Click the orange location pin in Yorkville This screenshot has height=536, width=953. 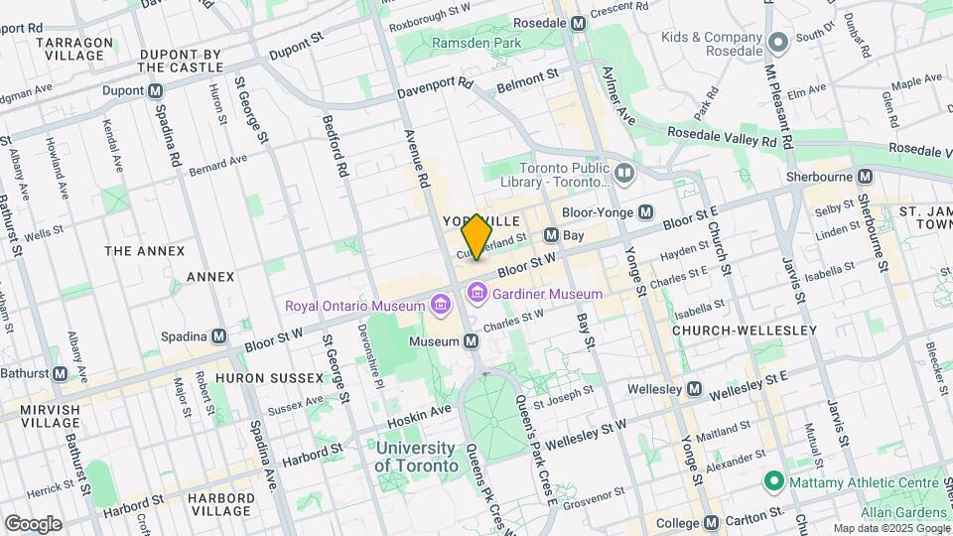point(477,236)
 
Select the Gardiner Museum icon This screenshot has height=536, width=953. point(477,294)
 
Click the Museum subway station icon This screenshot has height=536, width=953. point(473,341)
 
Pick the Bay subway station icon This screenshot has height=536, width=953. point(551,235)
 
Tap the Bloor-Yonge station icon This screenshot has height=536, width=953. point(646,211)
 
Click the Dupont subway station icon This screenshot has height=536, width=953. point(155,90)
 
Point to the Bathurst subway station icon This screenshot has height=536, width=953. point(60,374)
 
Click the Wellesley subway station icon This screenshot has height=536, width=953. point(695,388)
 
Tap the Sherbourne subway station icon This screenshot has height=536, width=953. point(865,176)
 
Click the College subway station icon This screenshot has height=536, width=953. point(711,523)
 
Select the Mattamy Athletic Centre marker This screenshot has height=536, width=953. point(773,482)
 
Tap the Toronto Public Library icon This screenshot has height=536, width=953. point(624,175)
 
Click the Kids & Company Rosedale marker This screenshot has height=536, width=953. point(778,41)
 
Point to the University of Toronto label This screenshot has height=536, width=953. point(417,457)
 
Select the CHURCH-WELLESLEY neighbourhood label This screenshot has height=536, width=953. point(744,330)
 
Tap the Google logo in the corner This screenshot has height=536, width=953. point(33,523)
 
